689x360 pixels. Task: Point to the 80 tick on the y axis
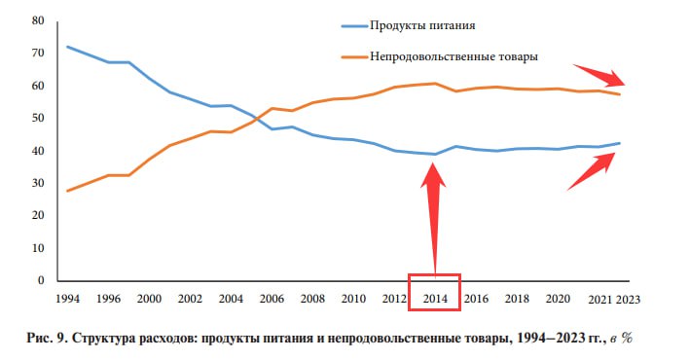[38, 20]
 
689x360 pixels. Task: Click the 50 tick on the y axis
[38, 119]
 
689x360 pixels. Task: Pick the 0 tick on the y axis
[41, 281]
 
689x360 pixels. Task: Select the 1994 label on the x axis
[67, 298]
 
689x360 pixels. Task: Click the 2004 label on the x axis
[232, 298]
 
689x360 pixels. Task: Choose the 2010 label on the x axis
[353, 298]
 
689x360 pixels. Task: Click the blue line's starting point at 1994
[67, 47]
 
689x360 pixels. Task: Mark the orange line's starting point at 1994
[67, 191]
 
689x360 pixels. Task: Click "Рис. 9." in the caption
[48, 339]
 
